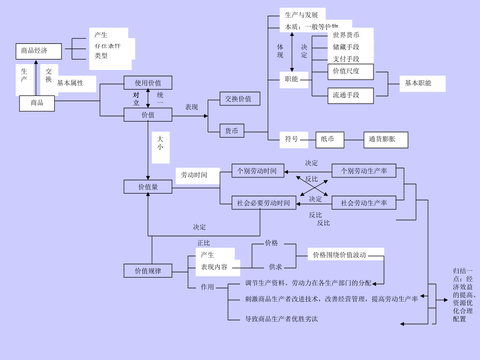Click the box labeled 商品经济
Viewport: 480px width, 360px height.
pyautogui.click(x=39, y=51)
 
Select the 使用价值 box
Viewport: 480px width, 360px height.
pyautogui.click(x=148, y=83)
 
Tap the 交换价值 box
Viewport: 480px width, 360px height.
pyautogui.click(x=239, y=99)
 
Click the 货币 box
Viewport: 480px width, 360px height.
pyautogui.click(x=231, y=131)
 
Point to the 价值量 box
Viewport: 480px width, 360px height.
pyautogui.click(x=148, y=187)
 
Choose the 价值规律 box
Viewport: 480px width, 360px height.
pyautogui.click(x=148, y=271)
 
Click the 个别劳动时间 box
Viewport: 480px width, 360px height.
pyautogui.click(x=258, y=171)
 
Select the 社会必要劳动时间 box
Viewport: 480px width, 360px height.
pyautogui.click(x=263, y=203)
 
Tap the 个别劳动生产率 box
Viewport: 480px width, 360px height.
pyautogui.click(x=364, y=171)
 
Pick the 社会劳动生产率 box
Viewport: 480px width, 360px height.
pyautogui.click(x=364, y=203)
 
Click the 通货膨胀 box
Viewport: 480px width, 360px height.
pyautogui.click(x=386, y=139)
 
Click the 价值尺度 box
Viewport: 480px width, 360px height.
pyautogui.click(x=346, y=71)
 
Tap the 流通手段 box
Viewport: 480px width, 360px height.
pyautogui.click(x=346, y=95)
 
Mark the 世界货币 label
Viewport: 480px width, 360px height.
pyautogui.click(x=346, y=35)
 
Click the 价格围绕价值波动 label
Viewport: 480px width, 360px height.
pyautogui.click(x=339, y=255)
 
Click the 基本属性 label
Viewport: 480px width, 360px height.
pyautogui.click(x=70, y=83)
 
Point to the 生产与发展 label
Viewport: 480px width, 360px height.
pyautogui.click(x=302, y=15)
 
